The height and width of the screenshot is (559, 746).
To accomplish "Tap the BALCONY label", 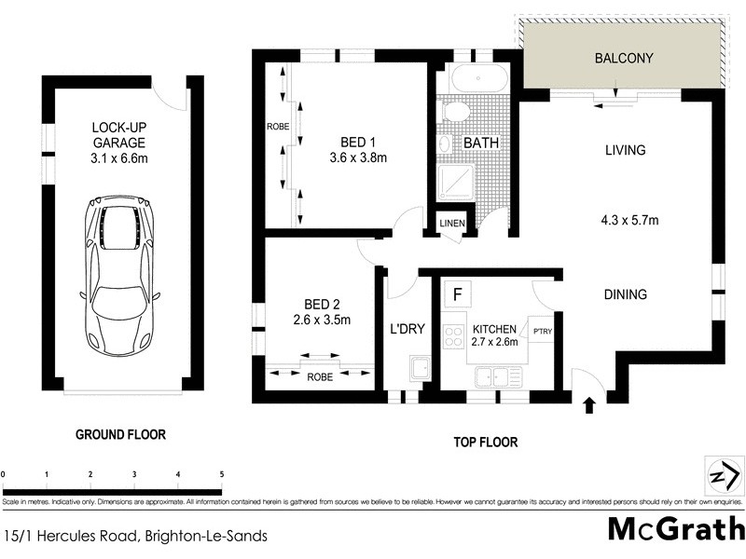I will tap(624, 59).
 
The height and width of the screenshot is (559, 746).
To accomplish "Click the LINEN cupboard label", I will tap(452, 224).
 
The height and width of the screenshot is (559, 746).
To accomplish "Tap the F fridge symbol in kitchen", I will tap(457, 294).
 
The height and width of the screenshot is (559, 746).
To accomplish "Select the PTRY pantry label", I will tap(542, 330).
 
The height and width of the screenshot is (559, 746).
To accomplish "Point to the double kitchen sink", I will tap(497, 376).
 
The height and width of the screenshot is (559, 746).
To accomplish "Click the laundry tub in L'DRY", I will tap(421, 370).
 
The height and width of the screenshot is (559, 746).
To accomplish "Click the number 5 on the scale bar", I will tap(221, 474).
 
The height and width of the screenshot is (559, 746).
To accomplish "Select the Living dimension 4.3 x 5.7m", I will tap(629, 221).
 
